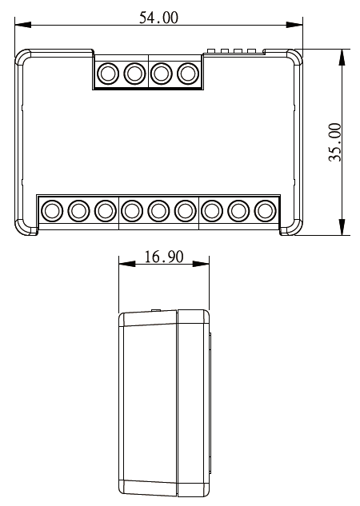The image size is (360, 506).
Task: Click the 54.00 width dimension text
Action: pyautogui.click(x=158, y=18)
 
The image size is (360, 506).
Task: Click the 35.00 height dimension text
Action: pyautogui.click(x=335, y=142)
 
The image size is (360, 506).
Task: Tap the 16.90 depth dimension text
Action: pyautogui.click(x=163, y=257)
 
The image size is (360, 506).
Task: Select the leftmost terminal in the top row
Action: pyautogui.click(x=106, y=74)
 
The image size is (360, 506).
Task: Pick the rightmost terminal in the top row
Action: pyautogui.click(x=188, y=74)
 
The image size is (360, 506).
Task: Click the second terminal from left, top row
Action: pyautogui.click(x=134, y=74)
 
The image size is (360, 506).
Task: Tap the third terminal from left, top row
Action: pyautogui.click(x=161, y=74)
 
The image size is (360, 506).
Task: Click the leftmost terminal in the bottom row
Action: pyautogui.click(x=52, y=211)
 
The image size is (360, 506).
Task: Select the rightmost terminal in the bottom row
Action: pyautogui.click(x=265, y=211)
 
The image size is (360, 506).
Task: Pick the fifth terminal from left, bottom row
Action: pyautogui.click(x=158, y=211)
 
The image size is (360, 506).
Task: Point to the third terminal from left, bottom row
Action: pyautogui.click(x=105, y=211)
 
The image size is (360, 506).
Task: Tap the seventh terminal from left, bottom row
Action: pyautogui.click(x=212, y=211)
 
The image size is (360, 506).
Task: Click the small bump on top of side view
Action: pyautogui.click(x=154, y=309)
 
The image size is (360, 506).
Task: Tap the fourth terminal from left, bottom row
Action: pyautogui.click(x=132, y=211)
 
